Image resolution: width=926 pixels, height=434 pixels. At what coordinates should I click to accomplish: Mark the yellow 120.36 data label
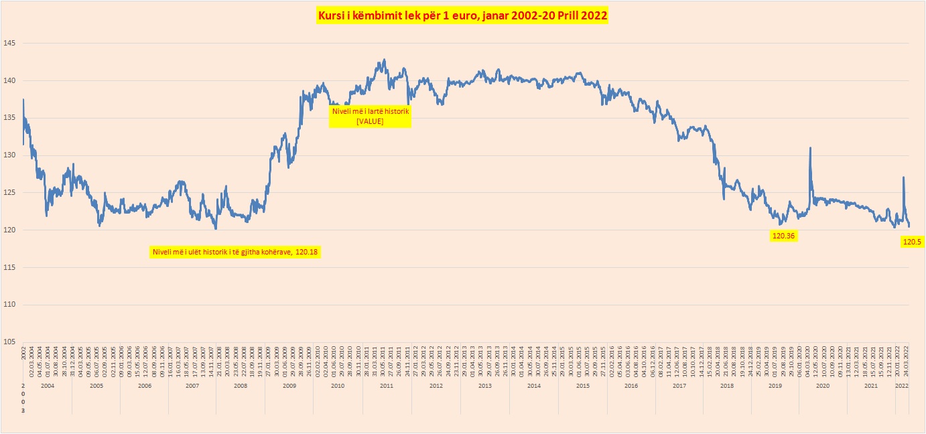[783, 236]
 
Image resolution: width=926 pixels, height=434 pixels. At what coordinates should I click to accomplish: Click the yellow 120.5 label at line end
[912, 242]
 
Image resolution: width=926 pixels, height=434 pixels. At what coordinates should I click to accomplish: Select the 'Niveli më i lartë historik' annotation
[370, 111]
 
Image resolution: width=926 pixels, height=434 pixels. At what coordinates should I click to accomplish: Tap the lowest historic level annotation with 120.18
[234, 252]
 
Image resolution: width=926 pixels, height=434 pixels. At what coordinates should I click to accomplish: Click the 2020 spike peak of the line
[810, 148]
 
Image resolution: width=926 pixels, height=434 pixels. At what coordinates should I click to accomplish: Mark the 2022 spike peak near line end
[903, 177]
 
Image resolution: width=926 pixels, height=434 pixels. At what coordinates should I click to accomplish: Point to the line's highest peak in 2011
[384, 60]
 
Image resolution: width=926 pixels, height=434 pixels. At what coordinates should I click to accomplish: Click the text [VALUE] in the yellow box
[370, 121]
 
